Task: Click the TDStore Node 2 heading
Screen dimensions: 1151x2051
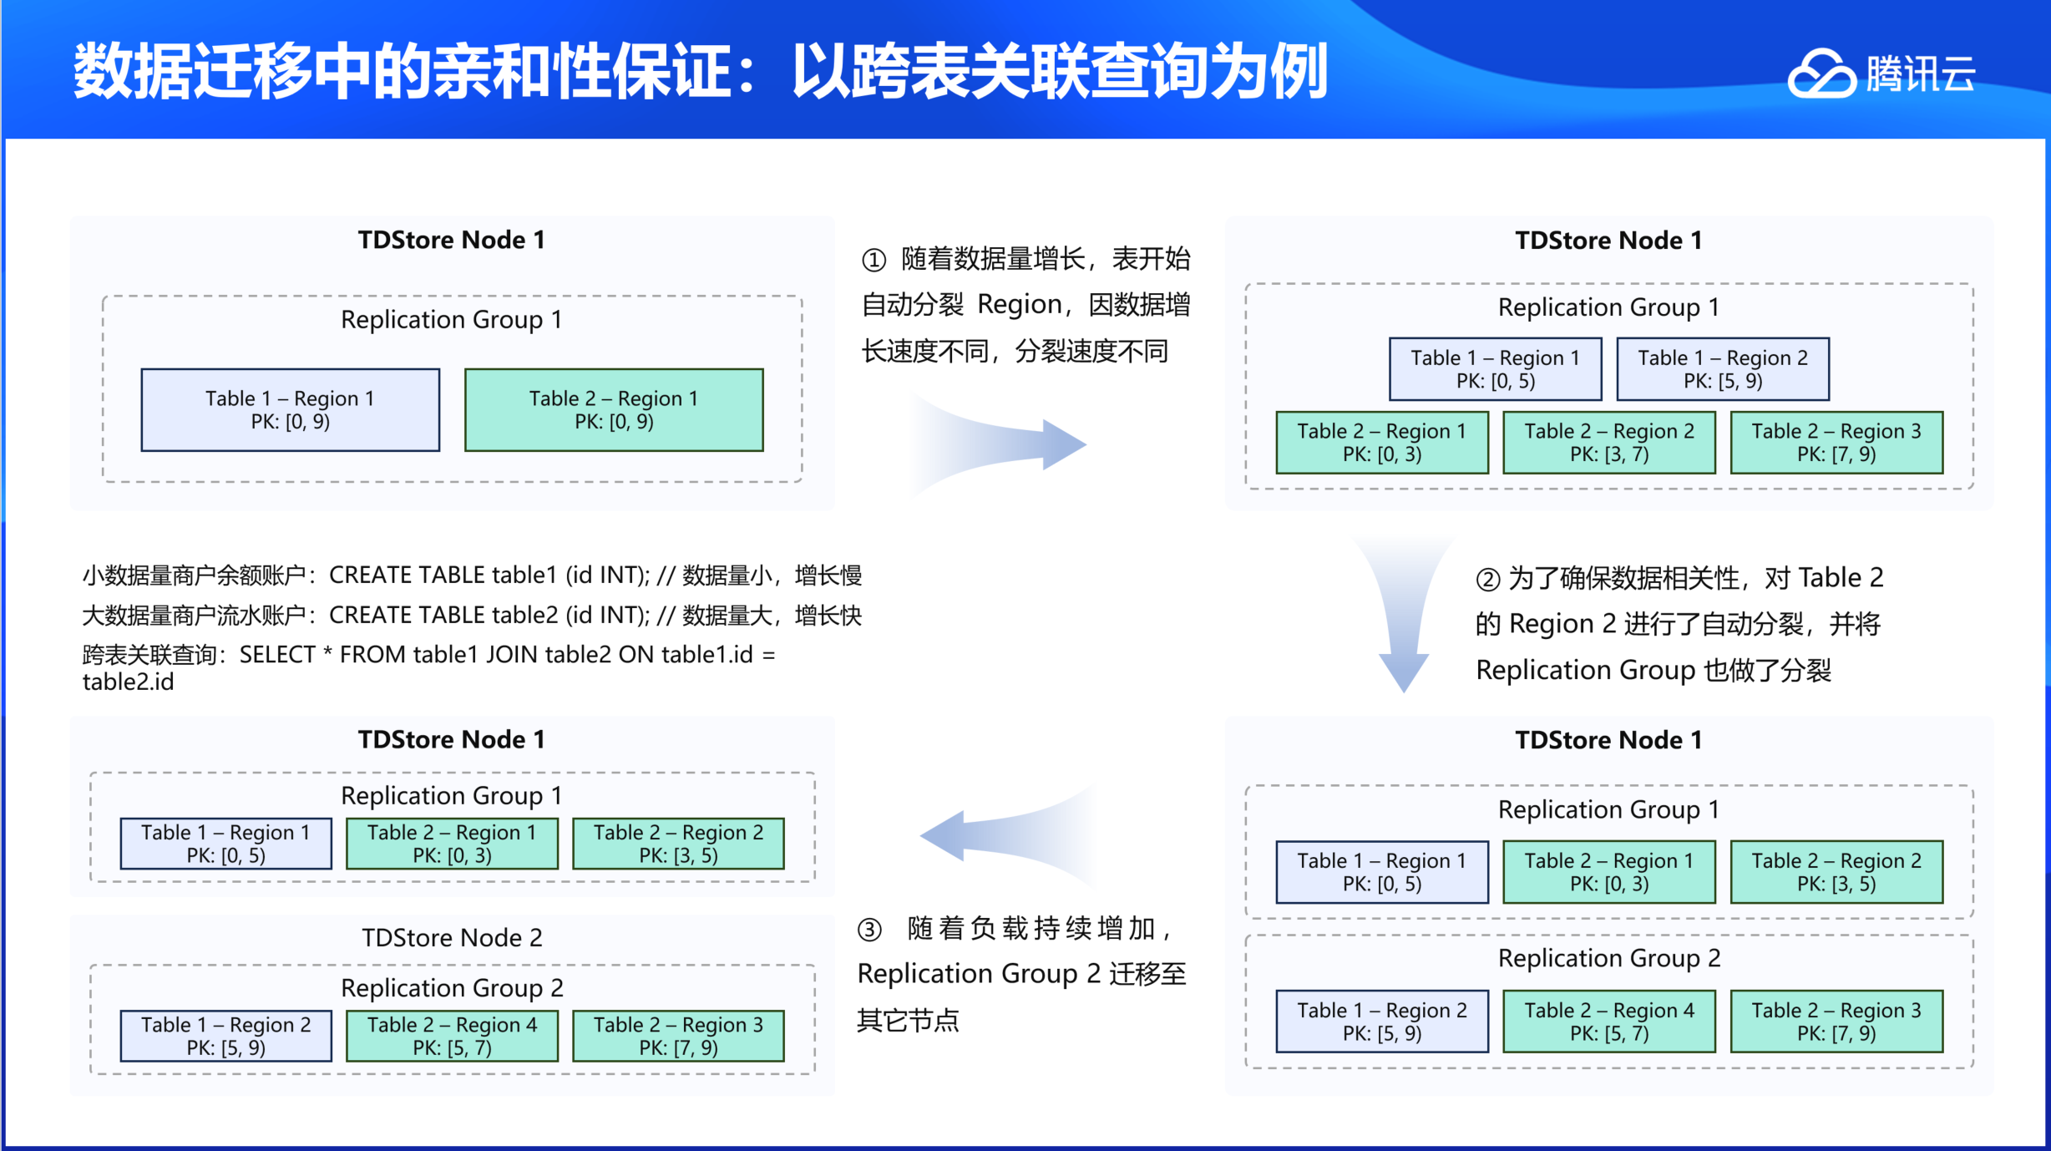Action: click(x=452, y=937)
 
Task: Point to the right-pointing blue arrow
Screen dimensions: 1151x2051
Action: click(x=1002, y=444)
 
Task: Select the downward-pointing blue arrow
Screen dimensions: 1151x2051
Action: click(x=1403, y=618)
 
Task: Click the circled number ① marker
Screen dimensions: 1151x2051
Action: click(x=874, y=261)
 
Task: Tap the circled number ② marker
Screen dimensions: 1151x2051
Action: click(x=1488, y=580)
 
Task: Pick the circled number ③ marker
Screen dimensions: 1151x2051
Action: click(x=869, y=930)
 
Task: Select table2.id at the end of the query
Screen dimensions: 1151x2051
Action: click(x=128, y=682)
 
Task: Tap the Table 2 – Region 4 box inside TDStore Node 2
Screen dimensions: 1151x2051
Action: click(x=452, y=1036)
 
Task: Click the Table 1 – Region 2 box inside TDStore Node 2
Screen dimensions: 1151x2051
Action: click(x=225, y=1036)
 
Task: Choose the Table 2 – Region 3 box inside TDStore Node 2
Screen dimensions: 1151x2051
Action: click(x=678, y=1036)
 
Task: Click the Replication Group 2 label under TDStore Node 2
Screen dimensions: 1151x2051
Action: click(x=452, y=988)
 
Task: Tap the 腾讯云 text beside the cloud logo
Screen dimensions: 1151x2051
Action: click(x=1921, y=74)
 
